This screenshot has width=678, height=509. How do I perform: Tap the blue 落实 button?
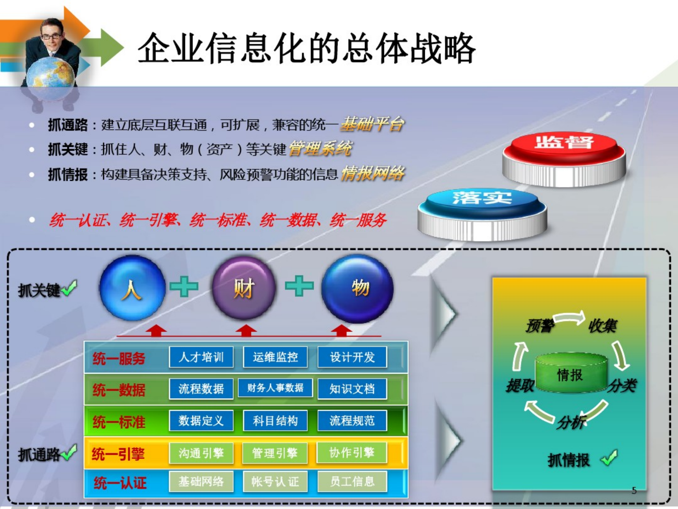pyautogui.click(x=482, y=209)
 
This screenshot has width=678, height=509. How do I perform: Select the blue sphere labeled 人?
pyautogui.click(x=132, y=288)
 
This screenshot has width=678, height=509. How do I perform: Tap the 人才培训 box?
pyautogui.click(x=201, y=357)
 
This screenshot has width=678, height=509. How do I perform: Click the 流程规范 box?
pyautogui.click(x=352, y=421)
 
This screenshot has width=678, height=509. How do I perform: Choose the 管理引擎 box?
pyautogui.click(x=275, y=453)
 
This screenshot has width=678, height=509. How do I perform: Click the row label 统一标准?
pyautogui.click(x=119, y=422)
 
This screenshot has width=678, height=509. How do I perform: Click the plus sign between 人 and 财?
pyautogui.click(x=184, y=286)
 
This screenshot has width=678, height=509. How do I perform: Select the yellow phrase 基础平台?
pyautogui.click(x=372, y=124)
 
